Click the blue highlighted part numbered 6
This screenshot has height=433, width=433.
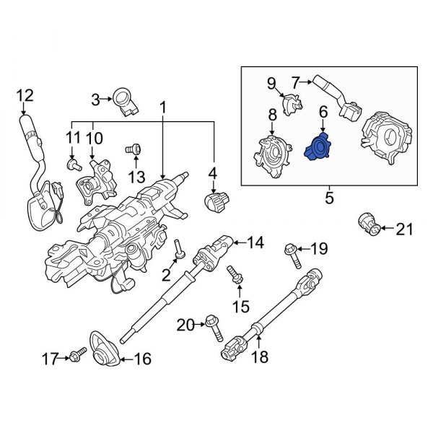click(x=316, y=148)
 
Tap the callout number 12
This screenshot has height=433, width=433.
click(x=25, y=94)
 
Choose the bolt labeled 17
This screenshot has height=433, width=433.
click(x=77, y=354)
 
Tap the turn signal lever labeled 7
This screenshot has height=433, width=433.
click(x=332, y=92)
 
